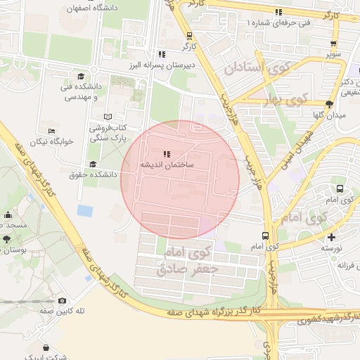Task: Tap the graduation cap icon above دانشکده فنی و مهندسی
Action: (81, 76)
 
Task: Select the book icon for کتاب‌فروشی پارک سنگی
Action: (108, 117)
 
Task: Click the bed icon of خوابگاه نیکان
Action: (51, 131)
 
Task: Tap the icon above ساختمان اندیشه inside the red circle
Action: (166, 154)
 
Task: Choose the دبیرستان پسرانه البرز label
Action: (160, 65)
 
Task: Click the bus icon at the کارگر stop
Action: (189, 35)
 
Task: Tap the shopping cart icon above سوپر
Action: (330, 42)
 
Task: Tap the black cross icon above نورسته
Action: (331, 237)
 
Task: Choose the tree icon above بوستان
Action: (6, 239)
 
